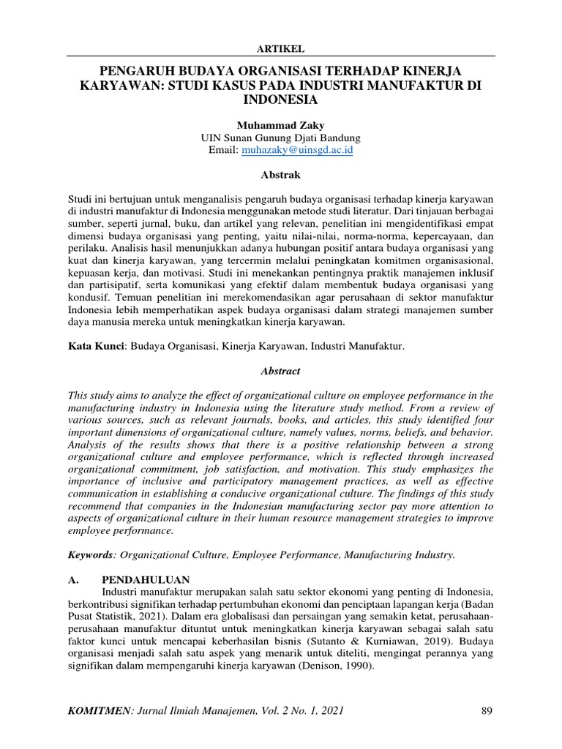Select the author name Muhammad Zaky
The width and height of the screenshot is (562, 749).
click(280, 124)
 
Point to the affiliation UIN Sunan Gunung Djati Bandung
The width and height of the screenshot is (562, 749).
click(280, 137)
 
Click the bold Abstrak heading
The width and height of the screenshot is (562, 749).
click(280, 175)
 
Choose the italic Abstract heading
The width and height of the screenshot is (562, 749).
click(280, 371)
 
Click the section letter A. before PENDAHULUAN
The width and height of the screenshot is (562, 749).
click(72, 578)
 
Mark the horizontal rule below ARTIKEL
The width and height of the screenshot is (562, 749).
click(280, 56)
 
